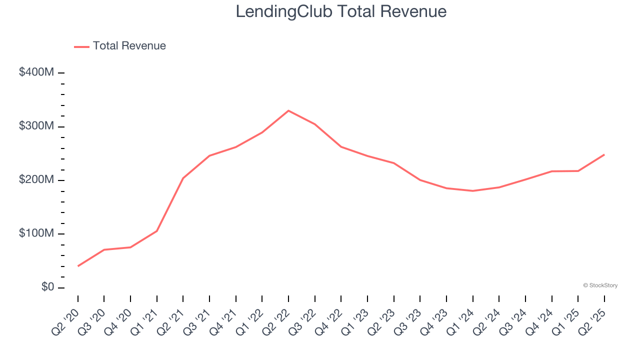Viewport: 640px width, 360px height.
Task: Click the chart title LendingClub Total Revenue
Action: click(341, 11)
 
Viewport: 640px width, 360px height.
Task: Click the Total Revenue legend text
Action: click(129, 46)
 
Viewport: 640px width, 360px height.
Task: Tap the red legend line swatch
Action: click(81, 46)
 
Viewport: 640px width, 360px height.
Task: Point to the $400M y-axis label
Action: click(36, 72)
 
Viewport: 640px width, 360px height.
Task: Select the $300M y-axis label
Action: click(36, 126)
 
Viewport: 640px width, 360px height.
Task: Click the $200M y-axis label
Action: click(36, 180)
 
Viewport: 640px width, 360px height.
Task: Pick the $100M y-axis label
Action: click(36, 233)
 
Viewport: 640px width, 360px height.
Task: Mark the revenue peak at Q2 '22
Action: click(288, 110)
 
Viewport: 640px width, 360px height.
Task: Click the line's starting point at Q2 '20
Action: click(78, 266)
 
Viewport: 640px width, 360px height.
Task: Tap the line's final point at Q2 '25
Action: click(604, 154)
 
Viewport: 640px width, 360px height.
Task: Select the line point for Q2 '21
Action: click(183, 178)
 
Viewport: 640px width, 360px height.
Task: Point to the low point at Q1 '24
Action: click(473, 191)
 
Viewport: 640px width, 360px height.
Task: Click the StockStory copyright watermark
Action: click(600, 285)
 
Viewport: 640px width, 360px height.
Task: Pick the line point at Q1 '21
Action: click(157, 231)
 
